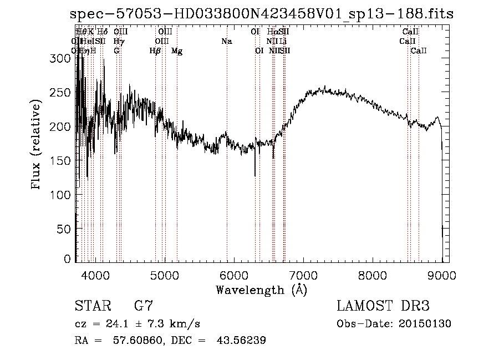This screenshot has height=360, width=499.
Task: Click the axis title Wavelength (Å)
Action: [261, 290]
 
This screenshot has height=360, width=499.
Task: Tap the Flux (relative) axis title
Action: [37, 145]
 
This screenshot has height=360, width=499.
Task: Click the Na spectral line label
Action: [226, 41]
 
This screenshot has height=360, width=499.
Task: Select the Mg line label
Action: [177, 50]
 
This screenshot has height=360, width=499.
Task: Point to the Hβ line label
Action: [155, 50]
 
